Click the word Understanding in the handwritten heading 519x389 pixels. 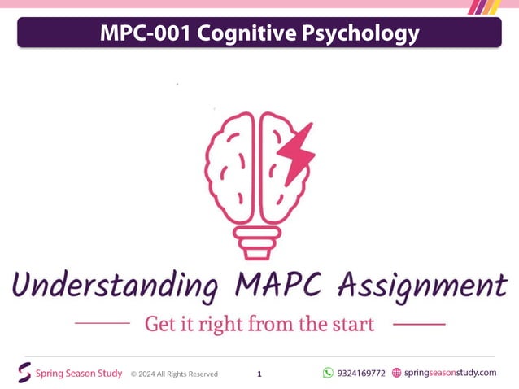115,286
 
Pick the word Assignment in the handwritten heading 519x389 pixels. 423,286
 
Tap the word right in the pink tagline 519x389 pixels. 217,325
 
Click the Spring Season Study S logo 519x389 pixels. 24,373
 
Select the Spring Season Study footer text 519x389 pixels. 79,374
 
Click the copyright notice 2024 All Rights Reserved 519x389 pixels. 174,374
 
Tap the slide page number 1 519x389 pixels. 259,374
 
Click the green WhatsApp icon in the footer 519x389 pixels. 328,373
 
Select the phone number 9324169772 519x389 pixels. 361,374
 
